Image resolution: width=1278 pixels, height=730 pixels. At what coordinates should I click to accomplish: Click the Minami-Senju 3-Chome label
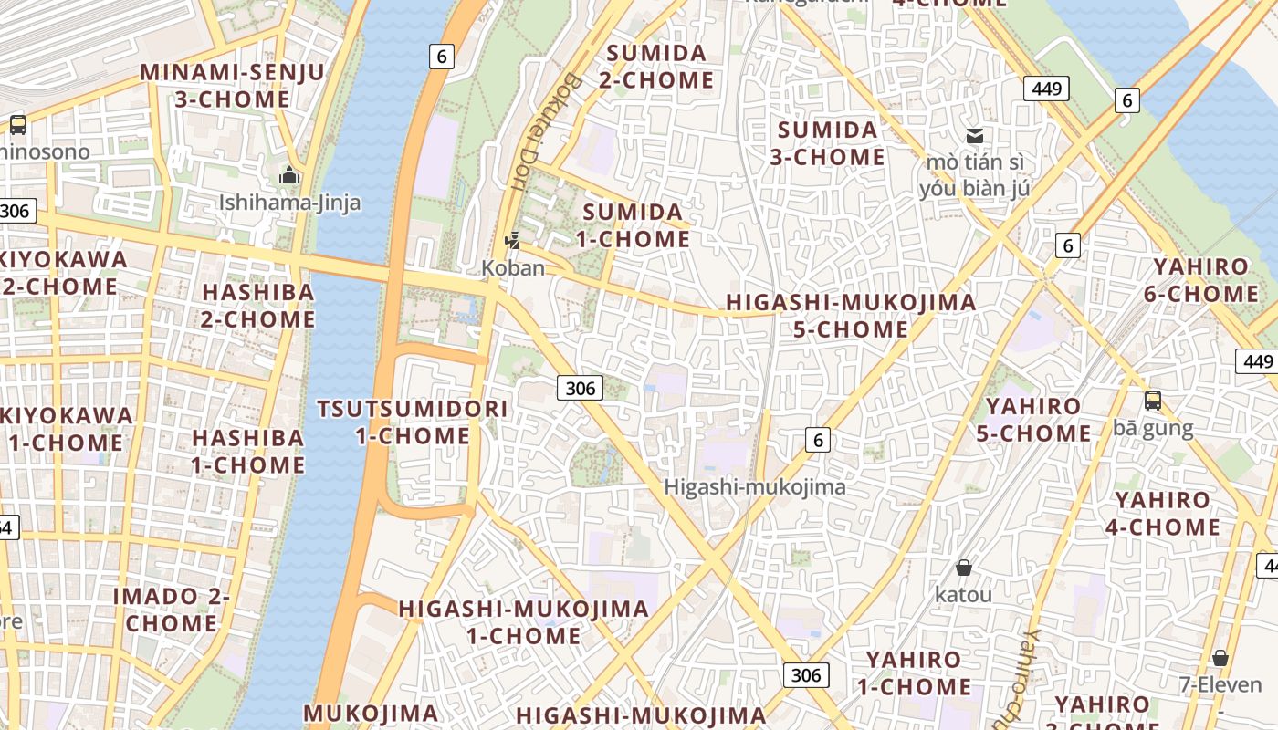tap(232, 86)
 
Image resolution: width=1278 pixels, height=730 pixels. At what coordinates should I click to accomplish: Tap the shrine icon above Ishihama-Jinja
tap(289, 175)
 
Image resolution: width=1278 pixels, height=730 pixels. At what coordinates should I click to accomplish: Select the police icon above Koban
tap(513, 241)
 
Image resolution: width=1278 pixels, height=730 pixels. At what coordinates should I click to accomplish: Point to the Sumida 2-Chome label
tap(656, 67)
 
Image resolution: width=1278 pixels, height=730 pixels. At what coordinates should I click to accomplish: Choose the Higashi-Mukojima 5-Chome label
tap(850, 315)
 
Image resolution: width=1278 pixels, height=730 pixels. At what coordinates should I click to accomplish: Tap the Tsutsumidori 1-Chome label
tap(413, 422)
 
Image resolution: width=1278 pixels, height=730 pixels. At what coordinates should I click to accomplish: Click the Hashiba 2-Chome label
tap(258, 306)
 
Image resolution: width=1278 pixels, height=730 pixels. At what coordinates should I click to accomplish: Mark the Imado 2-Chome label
tap(172, 610)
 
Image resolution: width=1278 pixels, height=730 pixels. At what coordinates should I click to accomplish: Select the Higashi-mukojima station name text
tap(755, 487)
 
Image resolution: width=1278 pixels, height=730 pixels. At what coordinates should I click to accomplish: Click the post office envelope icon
tap(975, 136)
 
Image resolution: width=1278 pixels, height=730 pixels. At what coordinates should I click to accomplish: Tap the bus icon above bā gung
tap(1153, 400)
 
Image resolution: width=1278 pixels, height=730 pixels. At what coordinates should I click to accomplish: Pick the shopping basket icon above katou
tap(963, 568)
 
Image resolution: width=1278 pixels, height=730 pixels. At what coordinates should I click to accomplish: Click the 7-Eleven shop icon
tap(1220, 658)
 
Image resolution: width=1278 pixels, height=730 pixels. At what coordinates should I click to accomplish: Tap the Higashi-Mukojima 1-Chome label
tap(524, 621)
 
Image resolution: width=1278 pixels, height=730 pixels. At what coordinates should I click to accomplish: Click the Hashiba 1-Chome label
tap(248, 451)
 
